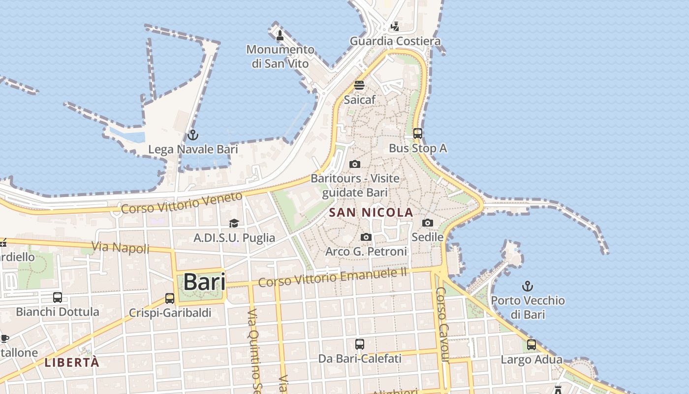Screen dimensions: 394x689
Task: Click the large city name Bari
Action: (x=204, y=282)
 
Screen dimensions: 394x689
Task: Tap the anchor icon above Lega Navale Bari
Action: (x=193, y=135)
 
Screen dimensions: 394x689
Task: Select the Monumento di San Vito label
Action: (x=280, y=56)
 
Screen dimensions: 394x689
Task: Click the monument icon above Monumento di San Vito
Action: (x=280, y=35)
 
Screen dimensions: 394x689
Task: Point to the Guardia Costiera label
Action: (x=395, y=41)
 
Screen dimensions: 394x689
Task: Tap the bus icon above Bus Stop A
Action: (x=418, y=133)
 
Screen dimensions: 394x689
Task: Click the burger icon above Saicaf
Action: (x=359, y=85)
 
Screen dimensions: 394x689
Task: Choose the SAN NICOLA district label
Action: (x=371, y=213)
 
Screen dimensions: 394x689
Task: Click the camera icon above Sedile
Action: (x=428, y=223)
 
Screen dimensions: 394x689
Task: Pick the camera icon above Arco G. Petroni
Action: (x=366, y=237)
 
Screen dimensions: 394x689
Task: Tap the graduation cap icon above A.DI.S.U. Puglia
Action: (x=234, y=224)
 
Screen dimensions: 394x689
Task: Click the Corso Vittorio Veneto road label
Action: (x=182, y=202)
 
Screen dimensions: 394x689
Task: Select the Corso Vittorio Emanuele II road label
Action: (x=333, y=277)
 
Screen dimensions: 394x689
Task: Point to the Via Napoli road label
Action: (x=120, y=247)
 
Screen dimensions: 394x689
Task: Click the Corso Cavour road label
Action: (x=442, y=325)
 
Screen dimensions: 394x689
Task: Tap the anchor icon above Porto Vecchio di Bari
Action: (x=528, y=286)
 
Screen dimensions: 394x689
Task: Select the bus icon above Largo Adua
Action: (x=532, y=345)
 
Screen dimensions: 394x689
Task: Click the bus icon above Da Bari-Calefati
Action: (x=360, y=344)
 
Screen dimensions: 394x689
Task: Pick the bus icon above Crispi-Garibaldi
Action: (x=170, y=298)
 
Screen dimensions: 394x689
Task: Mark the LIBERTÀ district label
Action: (x=72, y=362)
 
